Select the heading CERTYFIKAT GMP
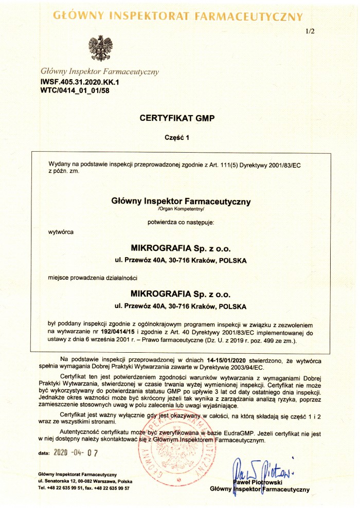click(176, 118)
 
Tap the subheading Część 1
click(177, 138)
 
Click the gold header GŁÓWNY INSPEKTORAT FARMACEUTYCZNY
click(178, 16)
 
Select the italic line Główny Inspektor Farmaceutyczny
click(100, 71)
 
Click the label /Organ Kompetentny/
click(181, 209)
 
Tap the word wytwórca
click(61, 232)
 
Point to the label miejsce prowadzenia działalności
click(93, 278)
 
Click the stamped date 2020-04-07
click(76, 453)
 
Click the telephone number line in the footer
click(84, 488)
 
